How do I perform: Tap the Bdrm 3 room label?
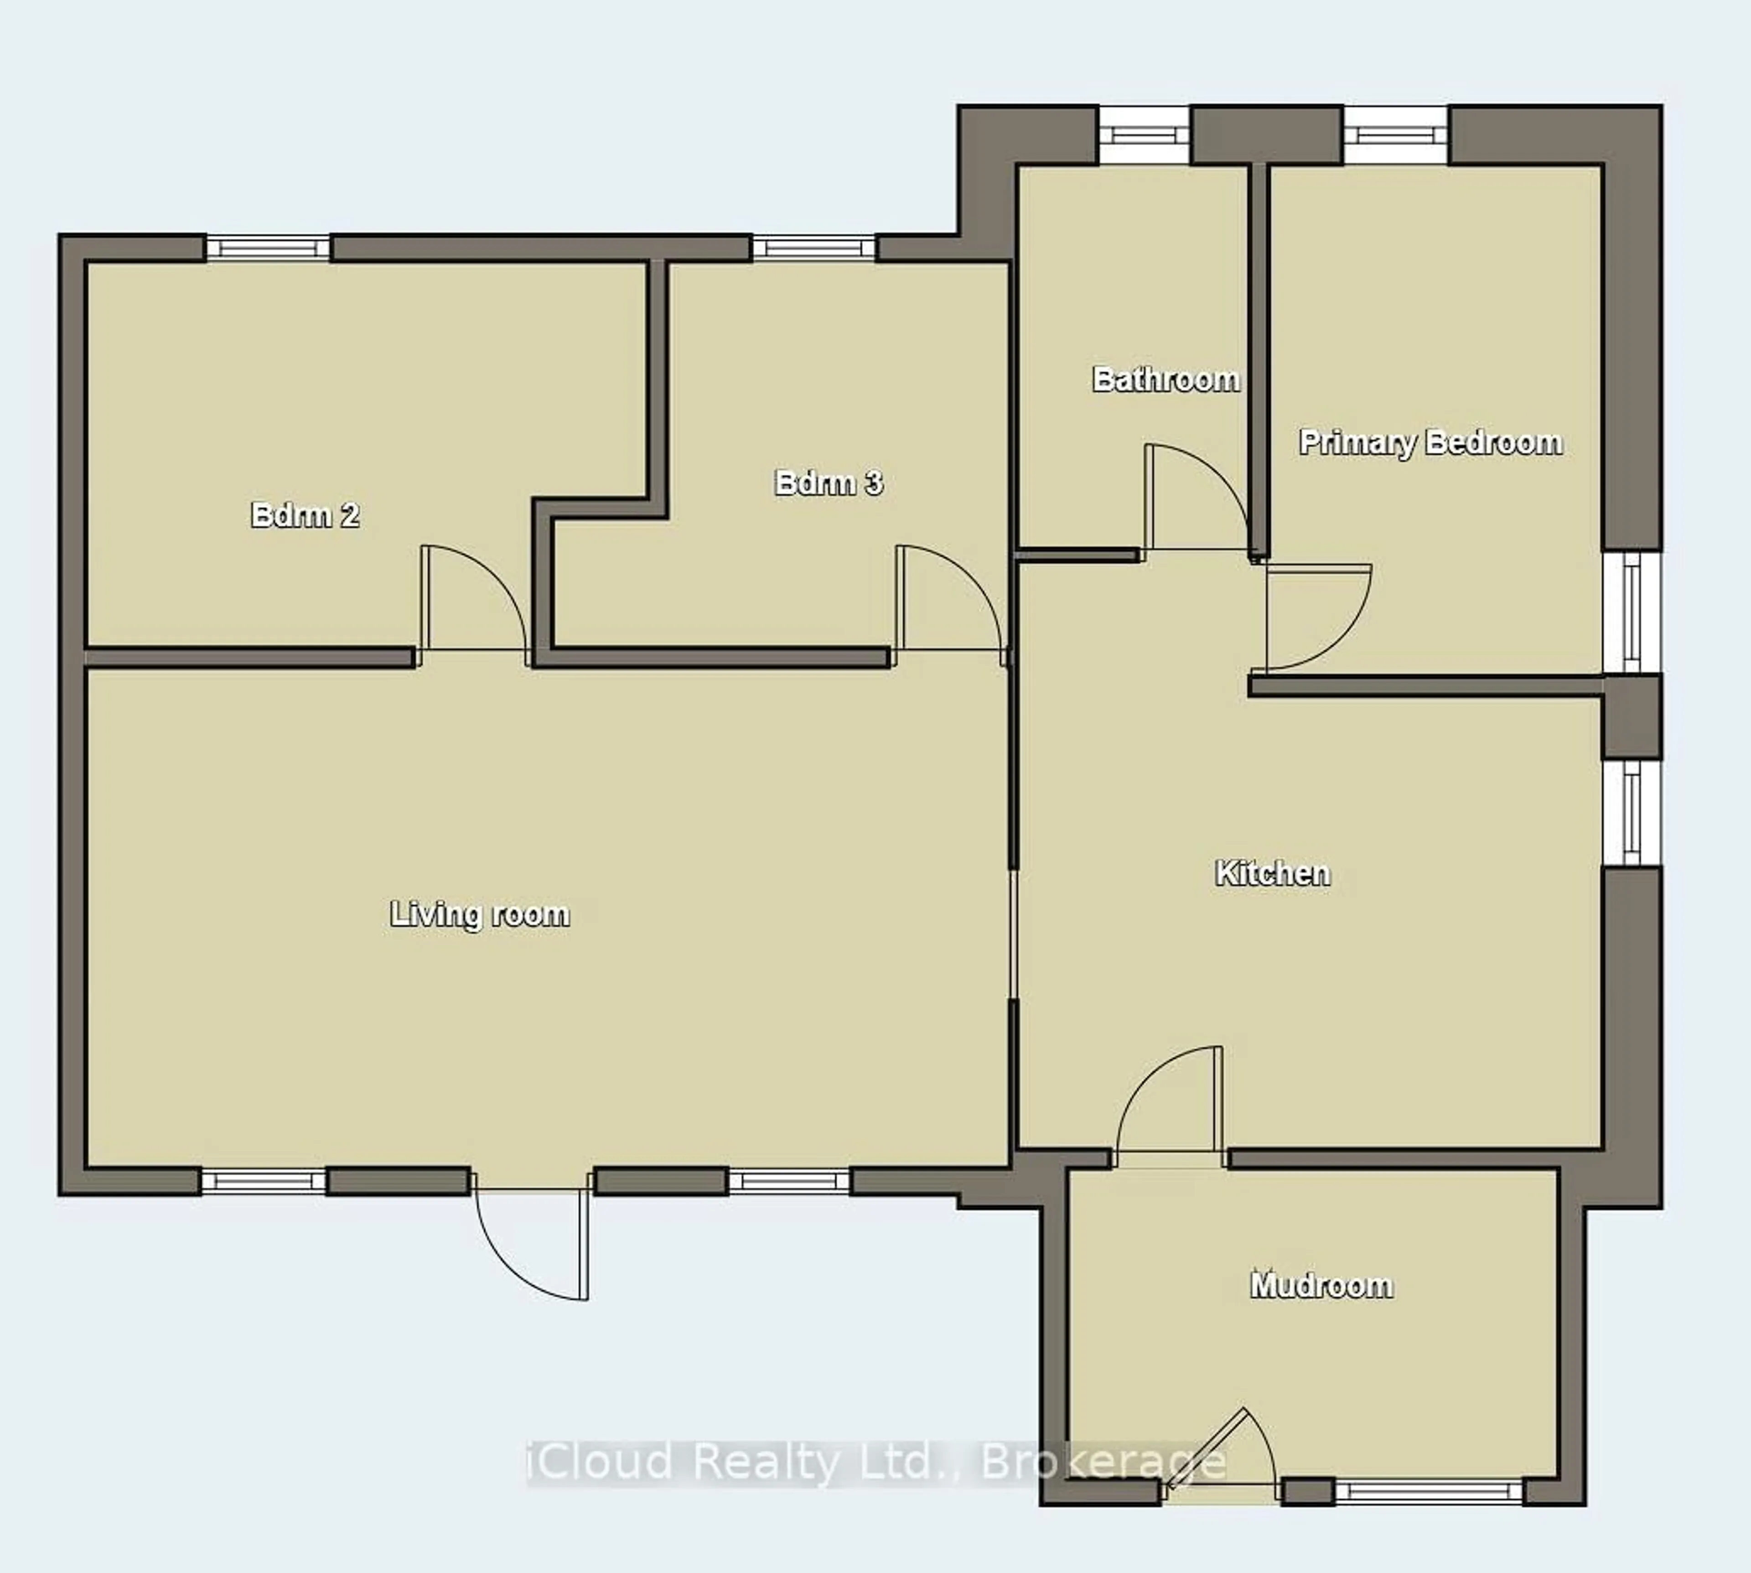(x=828, y=482)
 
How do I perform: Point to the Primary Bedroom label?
(x=1430, y=442)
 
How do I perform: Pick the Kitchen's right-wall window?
(x=1631, y=812)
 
